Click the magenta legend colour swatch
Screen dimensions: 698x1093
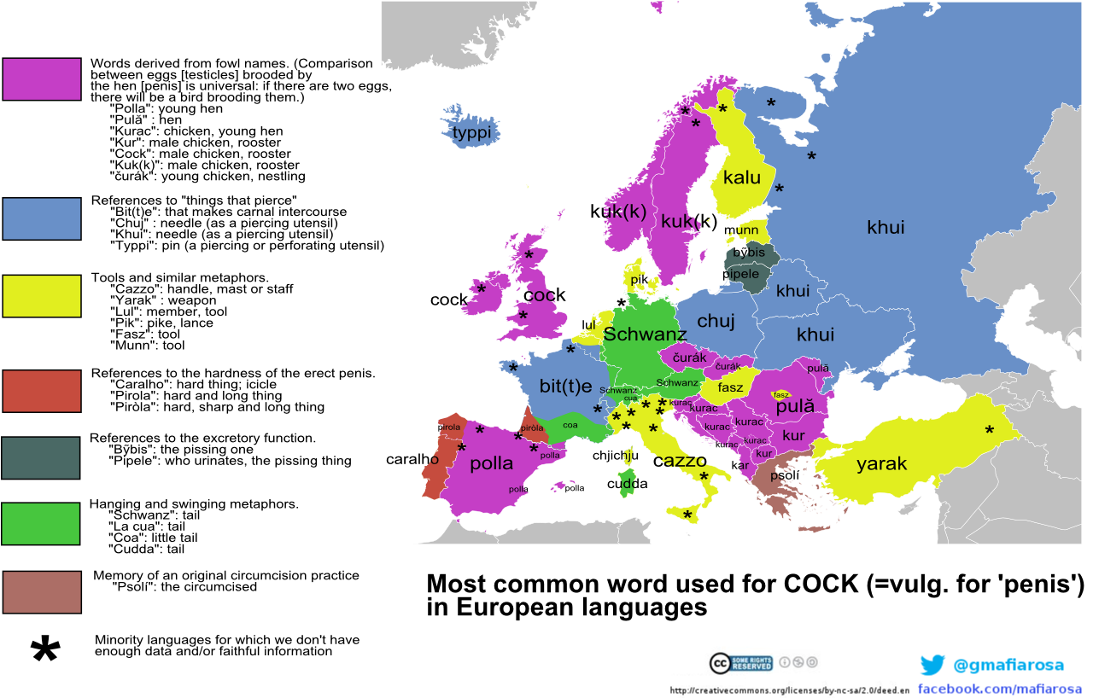pos(42,79)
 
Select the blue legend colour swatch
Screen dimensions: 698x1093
pos(42,218)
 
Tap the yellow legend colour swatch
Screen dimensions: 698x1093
pos(42,296)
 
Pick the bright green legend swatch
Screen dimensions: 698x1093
pos(41,524)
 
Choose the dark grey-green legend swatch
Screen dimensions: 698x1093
pos(41,458)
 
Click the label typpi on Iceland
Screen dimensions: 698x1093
pos(472,133)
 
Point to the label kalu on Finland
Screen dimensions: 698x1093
pos(741,178)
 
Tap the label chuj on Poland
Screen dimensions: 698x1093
pos(716,321)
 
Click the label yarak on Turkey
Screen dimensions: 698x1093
pos(881,464)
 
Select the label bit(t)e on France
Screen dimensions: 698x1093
pos(565,386)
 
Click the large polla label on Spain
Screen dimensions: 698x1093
pos(492,463)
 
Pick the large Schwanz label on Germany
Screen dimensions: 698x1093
pos(645,334)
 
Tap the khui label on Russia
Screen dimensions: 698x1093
pos(886,227)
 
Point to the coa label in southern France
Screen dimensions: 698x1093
pos(570,424)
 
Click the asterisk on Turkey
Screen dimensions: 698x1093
pos(990,431)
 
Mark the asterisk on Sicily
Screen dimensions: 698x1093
pos(687,515)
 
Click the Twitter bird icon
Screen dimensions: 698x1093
pos(932,665)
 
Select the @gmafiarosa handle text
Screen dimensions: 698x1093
pos(1008,665)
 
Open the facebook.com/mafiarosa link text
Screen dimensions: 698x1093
pos(1000,689)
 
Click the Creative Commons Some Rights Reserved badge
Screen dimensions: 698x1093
pos(741,663)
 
